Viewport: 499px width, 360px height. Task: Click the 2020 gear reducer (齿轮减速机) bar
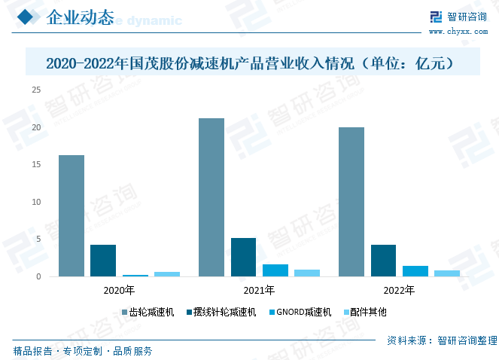click(72, 216)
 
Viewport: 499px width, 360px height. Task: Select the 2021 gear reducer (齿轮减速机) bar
click(211, 197)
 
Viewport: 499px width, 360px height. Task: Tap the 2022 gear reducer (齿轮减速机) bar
click(351, 202)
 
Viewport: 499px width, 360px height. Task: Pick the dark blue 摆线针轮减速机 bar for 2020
click(103, 261)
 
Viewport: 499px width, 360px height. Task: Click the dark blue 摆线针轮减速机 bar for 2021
click(243, 258)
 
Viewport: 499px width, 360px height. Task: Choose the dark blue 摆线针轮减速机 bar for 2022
click(383, 261)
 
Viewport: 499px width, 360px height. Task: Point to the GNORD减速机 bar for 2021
click(275, 270)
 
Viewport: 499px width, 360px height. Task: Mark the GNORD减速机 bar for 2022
click(415, 271)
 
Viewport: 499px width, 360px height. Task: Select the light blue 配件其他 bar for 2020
click(167, 274)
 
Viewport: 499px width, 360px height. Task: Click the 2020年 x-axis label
click(119, 290)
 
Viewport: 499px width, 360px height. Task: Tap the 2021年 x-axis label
click(259, 290)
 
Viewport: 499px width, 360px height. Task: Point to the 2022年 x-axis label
click(399, 290)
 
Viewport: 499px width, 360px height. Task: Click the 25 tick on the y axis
click(35, 90)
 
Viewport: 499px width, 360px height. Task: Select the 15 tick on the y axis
click(35, 164)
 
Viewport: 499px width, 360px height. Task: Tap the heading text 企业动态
click(80, 18)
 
